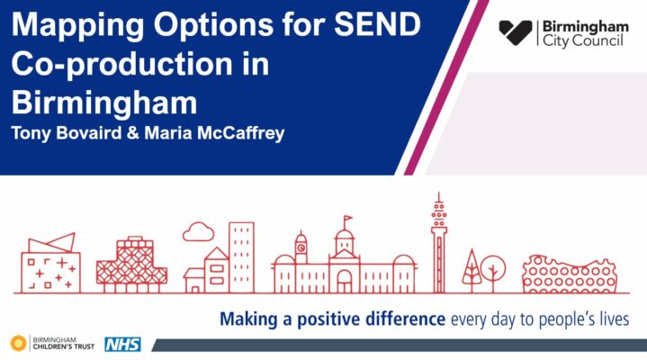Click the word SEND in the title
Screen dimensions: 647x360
377,24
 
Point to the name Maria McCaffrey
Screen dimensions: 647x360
214,133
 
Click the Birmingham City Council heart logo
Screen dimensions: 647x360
516,32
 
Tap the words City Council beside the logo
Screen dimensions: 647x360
582,40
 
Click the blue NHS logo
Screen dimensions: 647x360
122,345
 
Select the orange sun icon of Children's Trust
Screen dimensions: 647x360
19,343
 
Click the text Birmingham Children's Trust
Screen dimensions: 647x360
64,343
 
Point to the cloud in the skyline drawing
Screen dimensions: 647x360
199,231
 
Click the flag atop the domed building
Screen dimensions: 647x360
347,218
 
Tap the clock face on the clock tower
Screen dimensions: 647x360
301,247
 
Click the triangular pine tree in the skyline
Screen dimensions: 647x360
472,270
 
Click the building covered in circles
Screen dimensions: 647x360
570,274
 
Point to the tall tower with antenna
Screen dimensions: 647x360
439,243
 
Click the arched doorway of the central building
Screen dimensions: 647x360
344,282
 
